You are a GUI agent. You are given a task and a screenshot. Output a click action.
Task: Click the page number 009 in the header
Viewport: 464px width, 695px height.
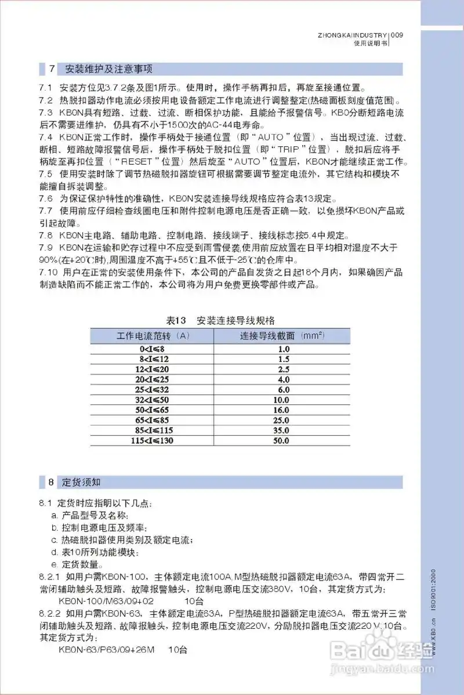[x=397, y=35]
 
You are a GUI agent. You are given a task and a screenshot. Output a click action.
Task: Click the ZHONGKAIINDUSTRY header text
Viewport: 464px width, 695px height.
[x=352, y=35]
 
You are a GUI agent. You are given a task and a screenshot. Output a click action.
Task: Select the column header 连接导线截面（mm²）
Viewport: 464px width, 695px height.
[x=282, y=336]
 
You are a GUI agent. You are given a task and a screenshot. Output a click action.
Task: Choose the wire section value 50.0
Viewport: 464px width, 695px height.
[x=282, y=441]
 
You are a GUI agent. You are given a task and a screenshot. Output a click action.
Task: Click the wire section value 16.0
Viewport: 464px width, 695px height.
[x=282, y=410]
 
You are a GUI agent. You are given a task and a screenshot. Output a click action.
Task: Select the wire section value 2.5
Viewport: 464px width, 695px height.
[x=282, y=369]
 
